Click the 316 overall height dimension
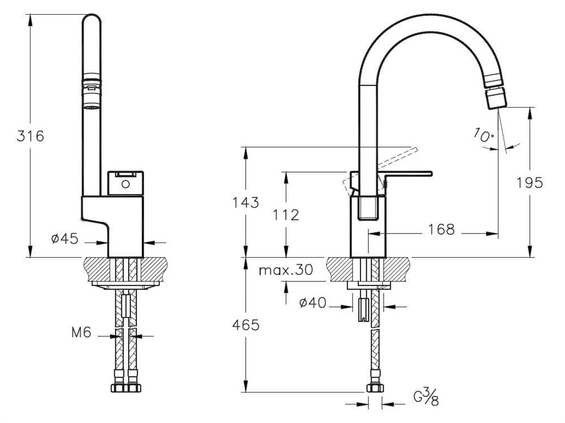coord(31,136)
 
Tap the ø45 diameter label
coord(65,238)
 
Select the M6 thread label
coord(81,332)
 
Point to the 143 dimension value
coord(245,202)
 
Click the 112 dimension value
coord(286,215)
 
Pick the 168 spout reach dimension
coord(441,229)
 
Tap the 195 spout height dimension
coord(529,183)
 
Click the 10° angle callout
coord(484,135)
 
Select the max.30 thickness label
coord(286,270)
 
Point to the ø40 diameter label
coord(313,302)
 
